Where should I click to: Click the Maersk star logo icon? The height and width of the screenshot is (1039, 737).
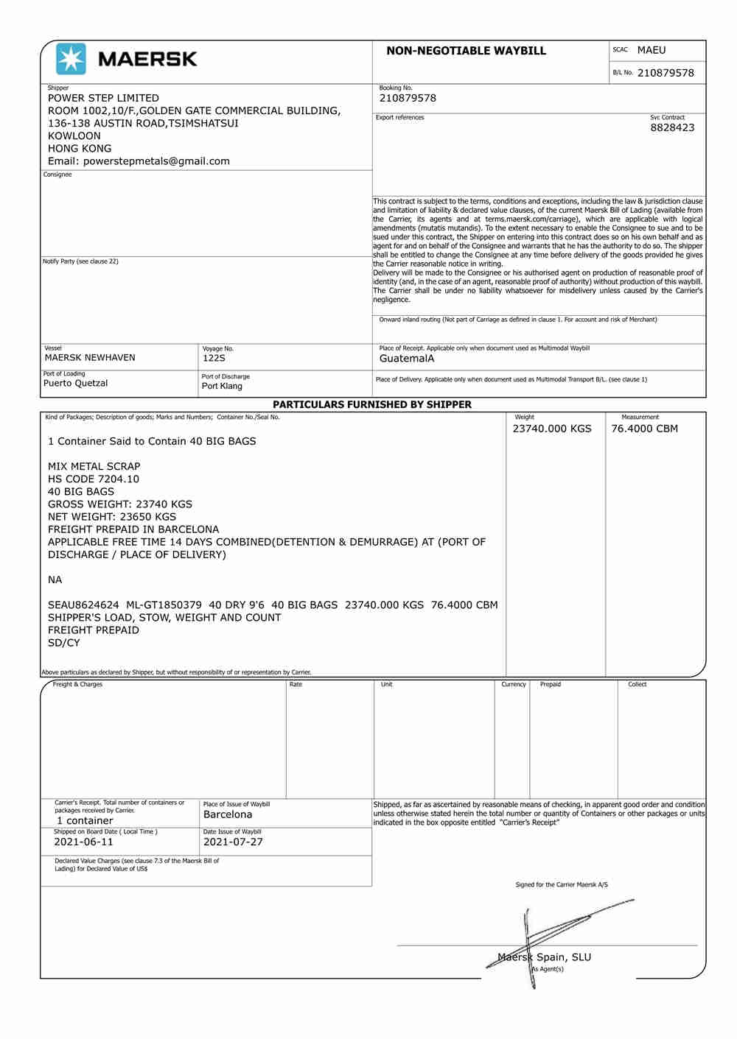[71, 59]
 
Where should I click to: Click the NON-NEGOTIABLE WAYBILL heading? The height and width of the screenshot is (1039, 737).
[466, 51]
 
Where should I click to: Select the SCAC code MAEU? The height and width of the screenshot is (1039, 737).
[651, 50]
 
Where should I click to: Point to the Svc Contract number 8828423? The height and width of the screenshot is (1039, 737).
[671, 127]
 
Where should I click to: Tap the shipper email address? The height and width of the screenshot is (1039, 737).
[139, 161]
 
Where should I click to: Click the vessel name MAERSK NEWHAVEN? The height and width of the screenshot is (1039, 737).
[90, 358]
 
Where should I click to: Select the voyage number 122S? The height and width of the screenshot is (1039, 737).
[214, 359]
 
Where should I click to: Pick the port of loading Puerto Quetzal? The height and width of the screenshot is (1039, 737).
[75, 384]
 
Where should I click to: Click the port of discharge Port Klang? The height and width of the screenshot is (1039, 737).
[222, 386]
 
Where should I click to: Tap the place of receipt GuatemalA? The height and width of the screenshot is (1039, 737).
[406, 359]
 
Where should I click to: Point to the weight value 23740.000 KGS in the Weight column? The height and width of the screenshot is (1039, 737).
[551, 429]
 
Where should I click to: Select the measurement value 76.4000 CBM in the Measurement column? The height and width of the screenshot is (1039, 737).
[644, 429]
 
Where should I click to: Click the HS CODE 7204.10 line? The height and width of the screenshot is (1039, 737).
[94, 479]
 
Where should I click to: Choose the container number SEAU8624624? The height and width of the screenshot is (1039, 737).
[83, 605]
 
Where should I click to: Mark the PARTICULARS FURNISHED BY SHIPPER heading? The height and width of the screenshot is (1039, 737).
[372, 404]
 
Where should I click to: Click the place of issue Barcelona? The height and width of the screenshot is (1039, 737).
[228, 815]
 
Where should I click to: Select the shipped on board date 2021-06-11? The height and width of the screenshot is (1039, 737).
[83, 842]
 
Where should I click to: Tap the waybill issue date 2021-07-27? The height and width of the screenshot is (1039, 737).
[233, 842]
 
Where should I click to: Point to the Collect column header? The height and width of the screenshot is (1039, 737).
[637, 685]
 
